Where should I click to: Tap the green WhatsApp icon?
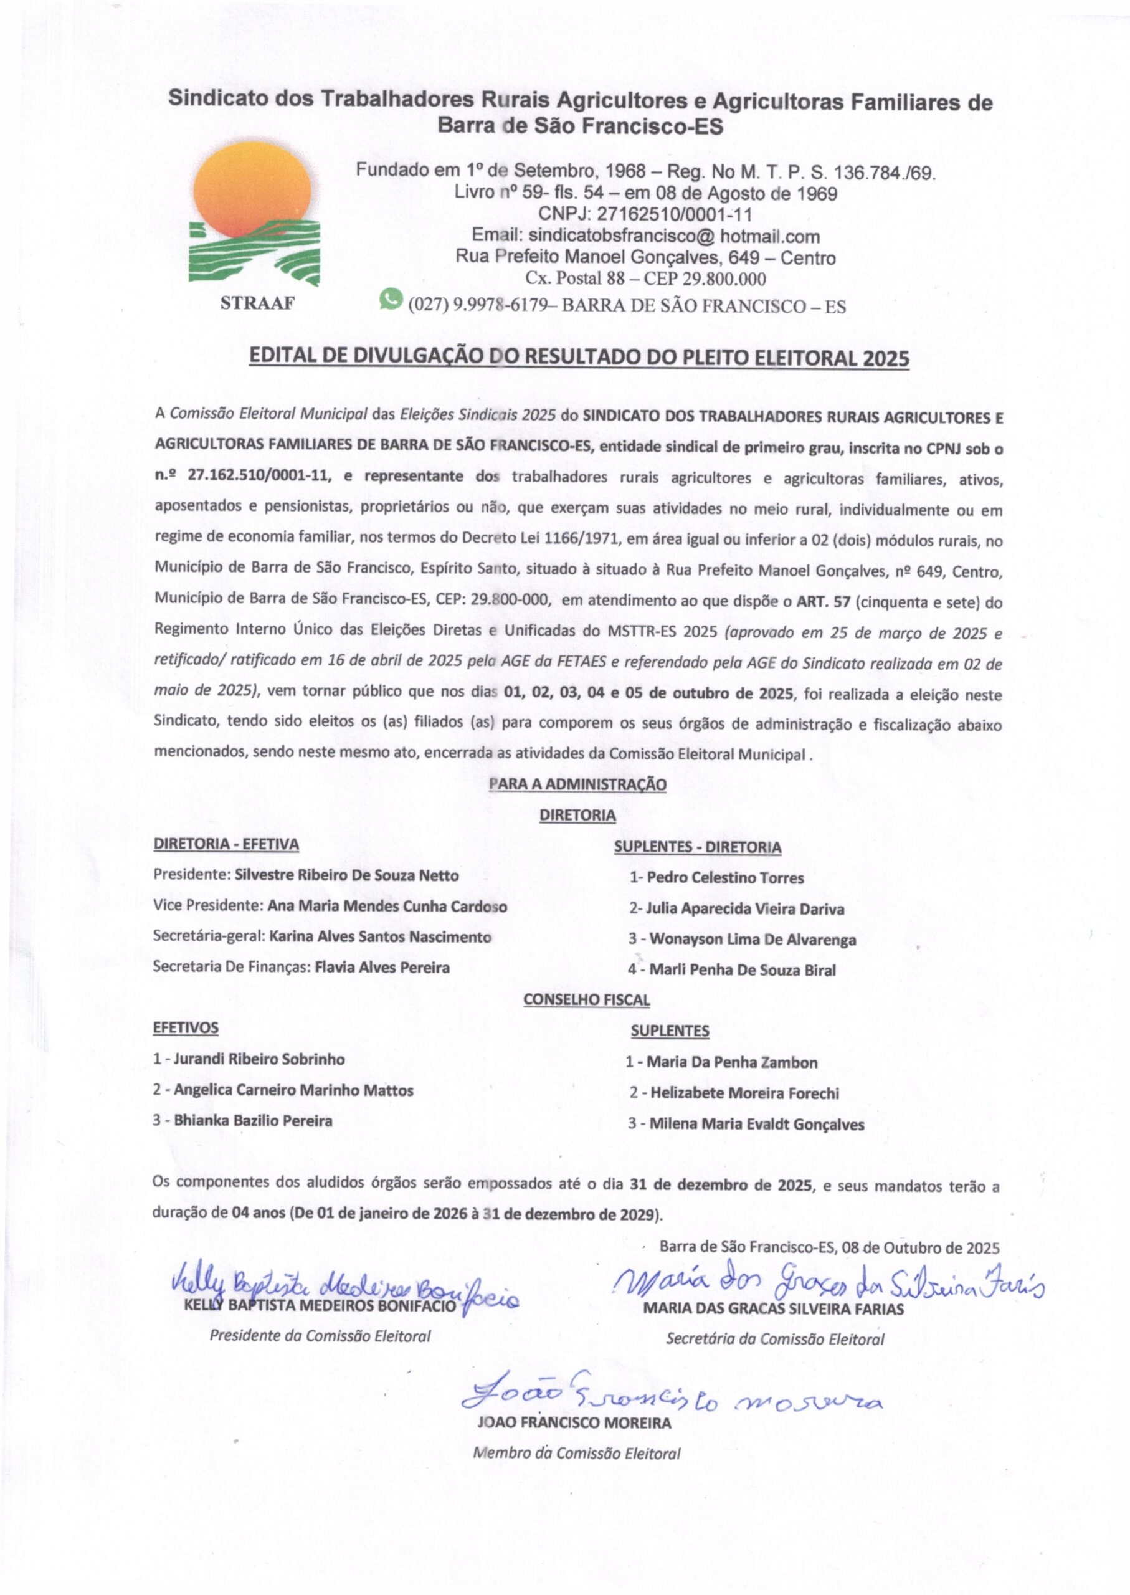point(391,298)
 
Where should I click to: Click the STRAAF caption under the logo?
point(257,303)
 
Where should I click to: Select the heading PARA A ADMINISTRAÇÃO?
point(577,784)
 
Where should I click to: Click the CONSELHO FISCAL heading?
point(586,999)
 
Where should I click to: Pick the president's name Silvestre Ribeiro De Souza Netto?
point(346,875)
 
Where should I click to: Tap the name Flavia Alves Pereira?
point(382,968)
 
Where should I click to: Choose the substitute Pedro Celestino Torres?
point(725,878)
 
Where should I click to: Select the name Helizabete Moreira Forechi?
point(744,1093)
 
